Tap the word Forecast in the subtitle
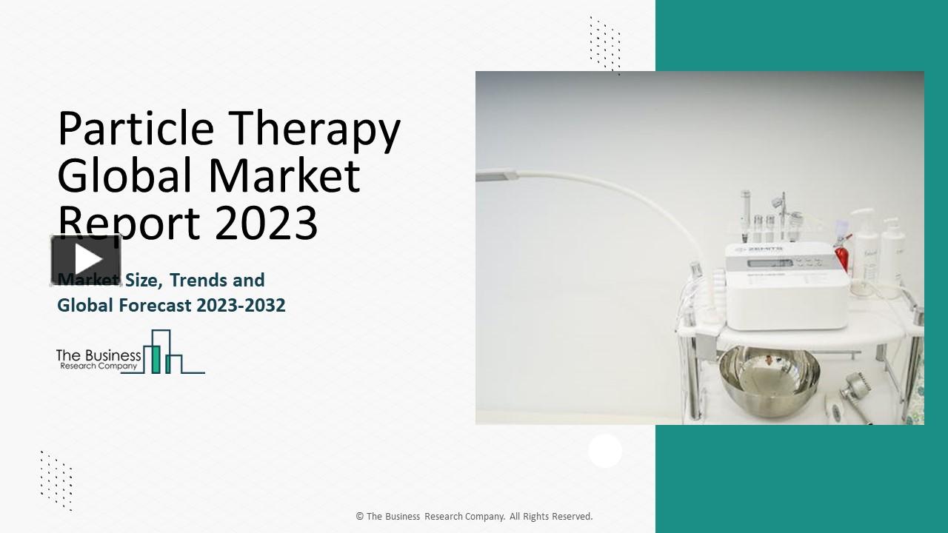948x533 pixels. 156,305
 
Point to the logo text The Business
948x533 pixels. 99,356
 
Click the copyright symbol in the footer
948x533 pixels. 360,517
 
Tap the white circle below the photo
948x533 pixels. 605,451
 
